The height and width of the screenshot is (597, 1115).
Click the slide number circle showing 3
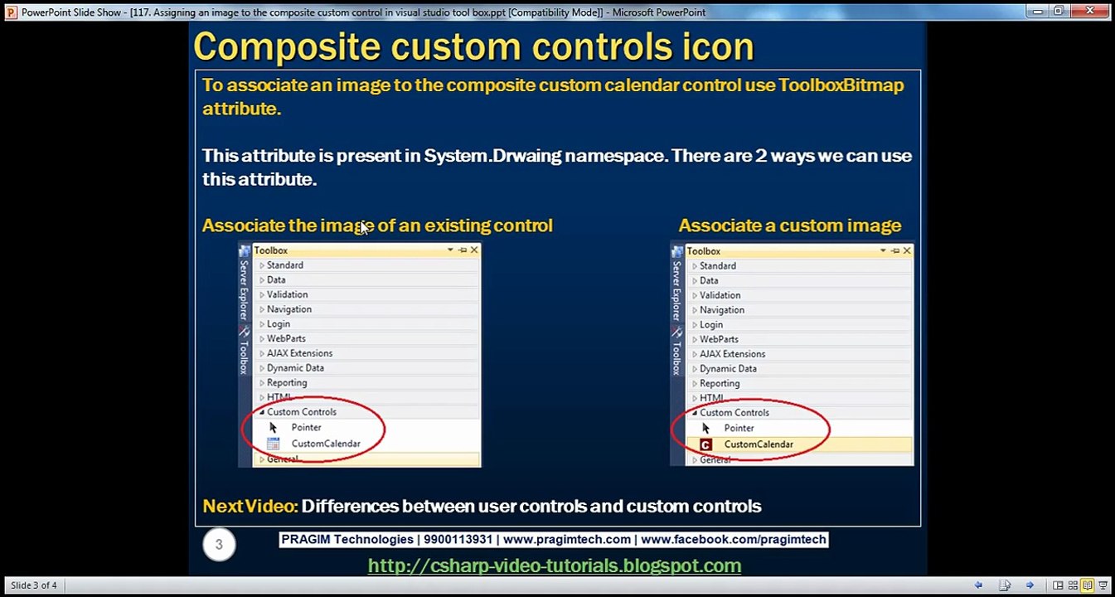coord(219,545)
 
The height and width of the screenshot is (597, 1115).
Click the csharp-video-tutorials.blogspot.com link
coord(554,565)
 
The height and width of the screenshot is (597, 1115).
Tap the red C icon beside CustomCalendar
coord(705,444)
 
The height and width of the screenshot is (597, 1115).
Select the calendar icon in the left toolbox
coord(273,444)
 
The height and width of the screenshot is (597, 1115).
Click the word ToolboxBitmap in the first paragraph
coord(841,85)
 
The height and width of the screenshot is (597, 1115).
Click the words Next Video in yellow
coord(250,506)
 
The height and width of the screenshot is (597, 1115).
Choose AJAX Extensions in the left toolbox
coord(299,353)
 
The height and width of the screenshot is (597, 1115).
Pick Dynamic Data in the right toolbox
coord(728,369)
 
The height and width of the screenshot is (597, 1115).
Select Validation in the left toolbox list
coord(287,294)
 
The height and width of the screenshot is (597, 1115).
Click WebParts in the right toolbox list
coord(719,339)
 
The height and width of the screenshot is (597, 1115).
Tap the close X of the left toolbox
coord(474,250)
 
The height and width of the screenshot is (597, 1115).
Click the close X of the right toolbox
coord(907,250)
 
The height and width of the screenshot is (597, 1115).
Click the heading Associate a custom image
coord(789,226)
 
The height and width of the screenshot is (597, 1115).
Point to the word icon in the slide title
coord(720,46)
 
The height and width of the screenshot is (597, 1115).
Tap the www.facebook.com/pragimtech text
coord(733,540)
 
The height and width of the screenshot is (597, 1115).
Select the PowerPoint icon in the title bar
coord(11,12)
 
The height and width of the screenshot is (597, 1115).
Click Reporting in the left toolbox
coord(287,383)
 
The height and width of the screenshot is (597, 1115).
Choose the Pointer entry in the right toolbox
coord(739,429)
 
